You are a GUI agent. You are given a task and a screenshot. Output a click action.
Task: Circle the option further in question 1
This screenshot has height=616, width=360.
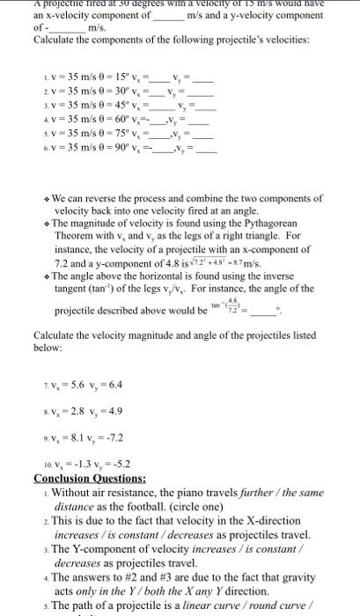tap(231, 491)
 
